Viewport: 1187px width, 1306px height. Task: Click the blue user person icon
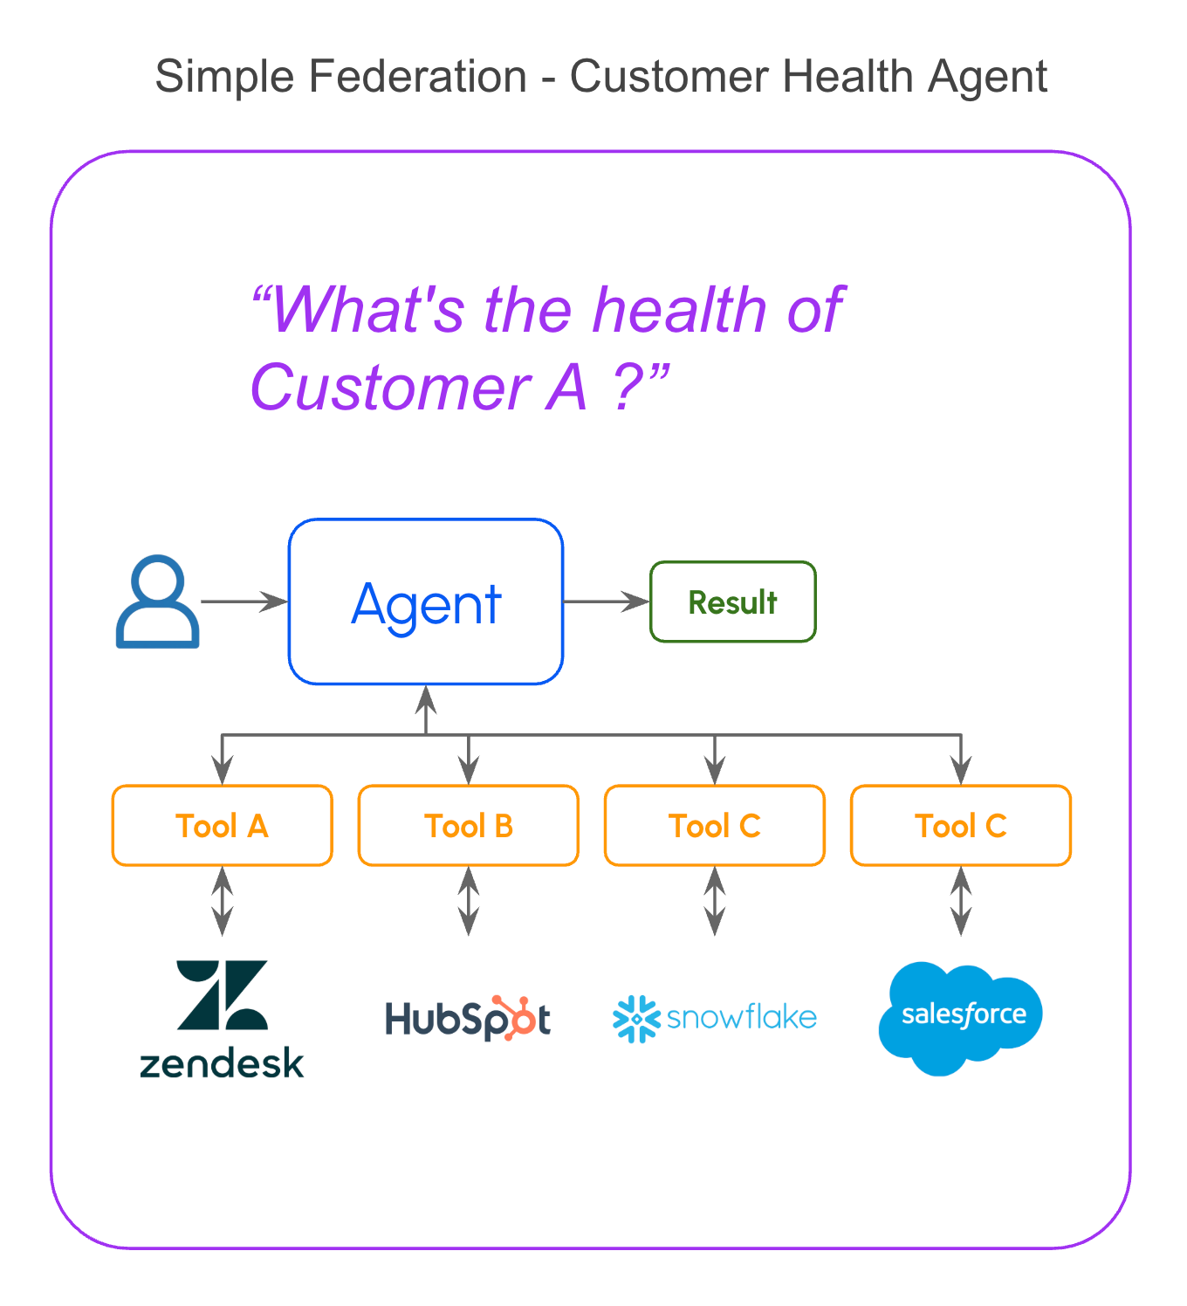pos(158,601)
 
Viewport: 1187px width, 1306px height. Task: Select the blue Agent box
pos(426,601)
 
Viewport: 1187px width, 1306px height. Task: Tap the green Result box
pos(732,601)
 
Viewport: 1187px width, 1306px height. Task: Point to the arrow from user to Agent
pos(244,601)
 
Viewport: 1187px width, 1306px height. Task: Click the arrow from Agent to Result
pos(607,601)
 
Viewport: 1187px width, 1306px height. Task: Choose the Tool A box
pos(222,826)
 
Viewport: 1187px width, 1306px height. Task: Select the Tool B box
pos(468,826)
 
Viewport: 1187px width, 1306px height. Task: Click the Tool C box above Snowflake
pos(714,826)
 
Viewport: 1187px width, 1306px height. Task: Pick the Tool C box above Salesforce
pos(960,826)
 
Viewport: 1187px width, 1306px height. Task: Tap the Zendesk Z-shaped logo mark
pos(222,995)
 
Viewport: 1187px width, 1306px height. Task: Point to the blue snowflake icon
pos(635,1018)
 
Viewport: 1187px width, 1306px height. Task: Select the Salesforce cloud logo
pos(960,1017)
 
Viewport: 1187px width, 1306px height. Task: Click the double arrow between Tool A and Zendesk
pos(223,901)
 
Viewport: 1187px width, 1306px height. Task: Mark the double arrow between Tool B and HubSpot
pos(469,901)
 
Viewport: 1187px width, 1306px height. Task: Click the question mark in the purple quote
pos(628,388)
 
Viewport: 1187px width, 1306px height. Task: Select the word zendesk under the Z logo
pos(222,1063)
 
